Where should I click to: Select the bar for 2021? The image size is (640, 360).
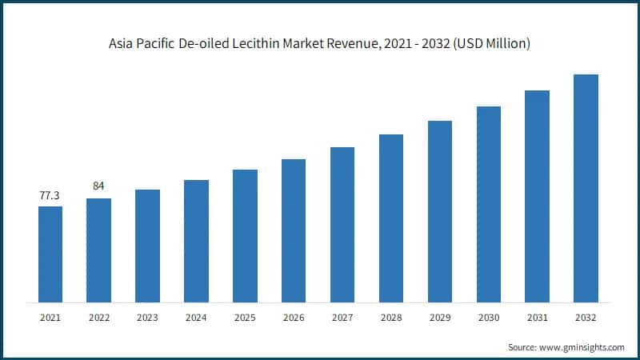point(50,254)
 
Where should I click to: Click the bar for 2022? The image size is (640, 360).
point(98,250)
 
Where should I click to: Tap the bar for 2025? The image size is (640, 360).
point(245,236)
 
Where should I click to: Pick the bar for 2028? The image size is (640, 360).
point(391,218)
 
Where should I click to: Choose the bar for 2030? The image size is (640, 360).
point(489,204)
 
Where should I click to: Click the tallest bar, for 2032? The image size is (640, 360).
point(586,188)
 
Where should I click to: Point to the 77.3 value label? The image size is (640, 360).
point(50,195)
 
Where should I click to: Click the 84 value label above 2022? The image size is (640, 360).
point(98,186)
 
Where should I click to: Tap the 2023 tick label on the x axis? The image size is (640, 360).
point(147,318)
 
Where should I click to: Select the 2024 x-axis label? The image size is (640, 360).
point(196,318)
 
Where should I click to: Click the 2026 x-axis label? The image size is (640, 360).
point(294,318)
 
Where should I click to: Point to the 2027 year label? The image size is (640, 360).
point(342,318)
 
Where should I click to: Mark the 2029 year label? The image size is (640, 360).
point(440,318)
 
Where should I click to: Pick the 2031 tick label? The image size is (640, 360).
point(538,318)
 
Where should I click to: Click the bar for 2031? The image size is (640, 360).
point(538,196)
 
